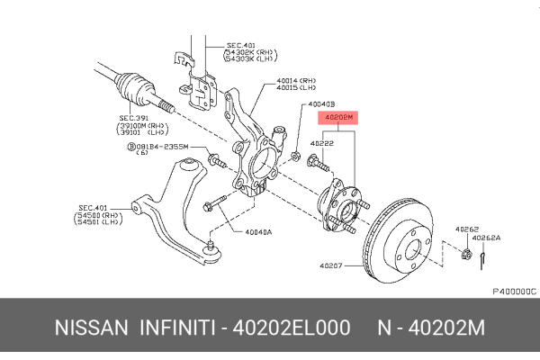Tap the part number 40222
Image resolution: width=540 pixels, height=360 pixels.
(322, 142)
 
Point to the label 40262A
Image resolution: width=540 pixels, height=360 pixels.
(487, 238)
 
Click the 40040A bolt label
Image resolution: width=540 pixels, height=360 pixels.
(257, 230)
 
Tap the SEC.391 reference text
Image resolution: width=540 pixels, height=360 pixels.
(133, 117)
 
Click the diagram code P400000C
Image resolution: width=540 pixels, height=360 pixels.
(513, 291)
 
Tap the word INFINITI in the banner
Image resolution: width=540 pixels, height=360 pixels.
(176, 328)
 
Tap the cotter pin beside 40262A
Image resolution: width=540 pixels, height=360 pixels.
(482, 259)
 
